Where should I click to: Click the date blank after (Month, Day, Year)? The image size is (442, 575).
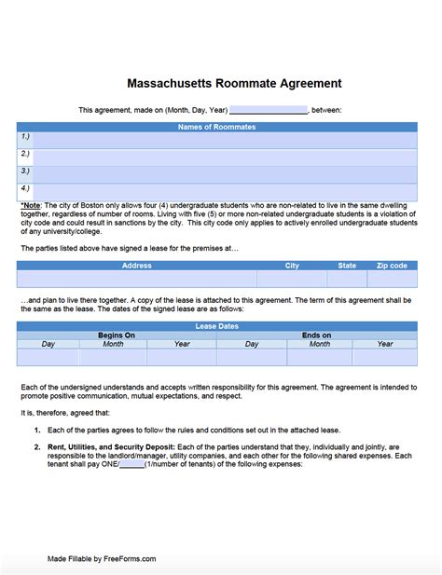(x=268, y=110)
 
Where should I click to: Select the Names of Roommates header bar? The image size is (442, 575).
(x=216, y=127)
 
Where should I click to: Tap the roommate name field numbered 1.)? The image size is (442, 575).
(x=224, y=140)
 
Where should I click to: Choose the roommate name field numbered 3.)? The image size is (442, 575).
(x=224, y=174)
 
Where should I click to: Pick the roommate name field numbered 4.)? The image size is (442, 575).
(x=224, y=191)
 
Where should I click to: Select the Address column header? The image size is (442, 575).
(x=136, y=266)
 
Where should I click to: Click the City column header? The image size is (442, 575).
(x=292, y=266)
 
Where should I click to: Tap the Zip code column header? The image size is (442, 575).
(x=392, y=266)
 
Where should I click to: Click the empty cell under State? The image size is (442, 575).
(x=347, y=279)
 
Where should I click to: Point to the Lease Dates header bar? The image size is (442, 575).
(x=216, y=326)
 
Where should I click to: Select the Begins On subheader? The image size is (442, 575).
(x=117, y=335)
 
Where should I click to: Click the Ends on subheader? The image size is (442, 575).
(x=316, y=335)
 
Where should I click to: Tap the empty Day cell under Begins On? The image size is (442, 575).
(x=48, y=357)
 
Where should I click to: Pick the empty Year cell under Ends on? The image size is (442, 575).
(x=384, y=357)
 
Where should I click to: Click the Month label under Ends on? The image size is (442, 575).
(x=319, y=344)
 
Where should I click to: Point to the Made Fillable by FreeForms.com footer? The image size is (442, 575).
(x=102, y=559)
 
